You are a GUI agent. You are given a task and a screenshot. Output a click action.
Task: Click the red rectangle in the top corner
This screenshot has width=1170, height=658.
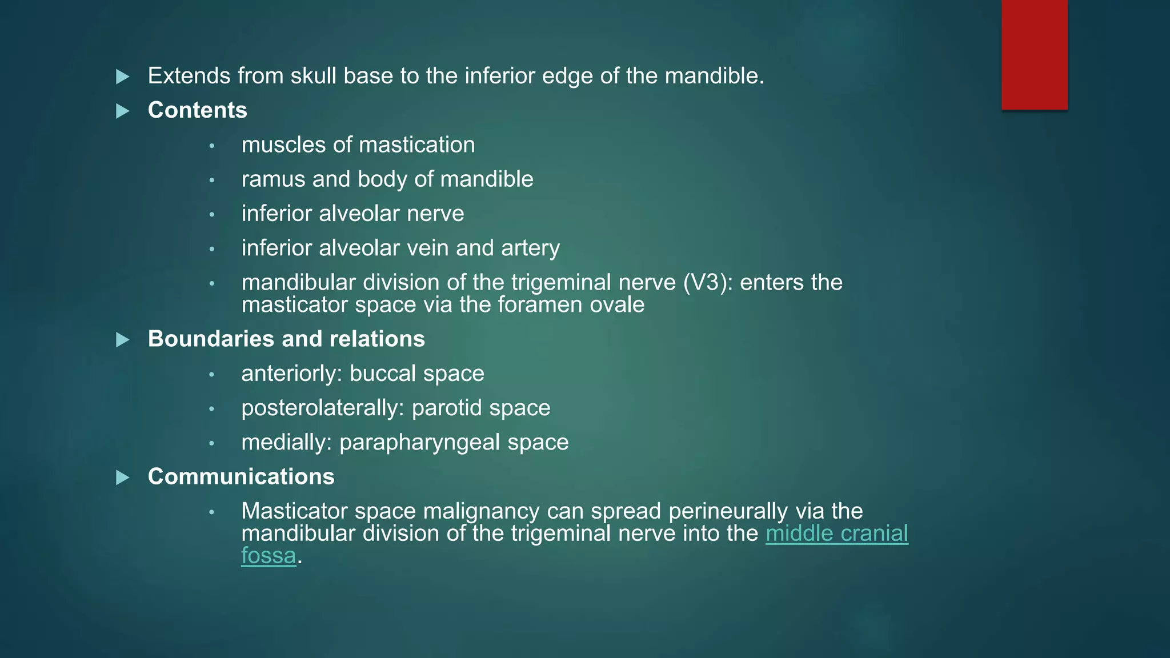click(x=1034, y=54)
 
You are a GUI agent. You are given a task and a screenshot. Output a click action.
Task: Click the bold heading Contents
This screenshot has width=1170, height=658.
click(x=197, y=110)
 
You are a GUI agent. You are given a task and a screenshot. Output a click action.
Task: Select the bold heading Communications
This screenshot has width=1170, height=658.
click(x=241, y=476)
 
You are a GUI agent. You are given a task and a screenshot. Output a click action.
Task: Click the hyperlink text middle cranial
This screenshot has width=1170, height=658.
click(x=836, y=533)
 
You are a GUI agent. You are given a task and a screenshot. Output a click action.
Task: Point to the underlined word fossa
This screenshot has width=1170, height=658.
click(x=269, y=556)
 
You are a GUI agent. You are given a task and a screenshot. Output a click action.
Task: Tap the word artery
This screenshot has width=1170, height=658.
click(x=530, y=248)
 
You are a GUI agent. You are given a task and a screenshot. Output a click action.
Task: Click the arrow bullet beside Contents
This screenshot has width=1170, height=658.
click(x=123, y=111)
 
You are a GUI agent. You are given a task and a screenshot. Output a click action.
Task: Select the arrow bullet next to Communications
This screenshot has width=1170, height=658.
click(x=123, y=477)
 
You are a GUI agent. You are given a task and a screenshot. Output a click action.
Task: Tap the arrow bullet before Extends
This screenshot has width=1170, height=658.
click(x=123, y=77)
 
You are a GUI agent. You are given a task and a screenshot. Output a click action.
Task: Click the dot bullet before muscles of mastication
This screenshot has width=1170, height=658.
click(x=212, y=146)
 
